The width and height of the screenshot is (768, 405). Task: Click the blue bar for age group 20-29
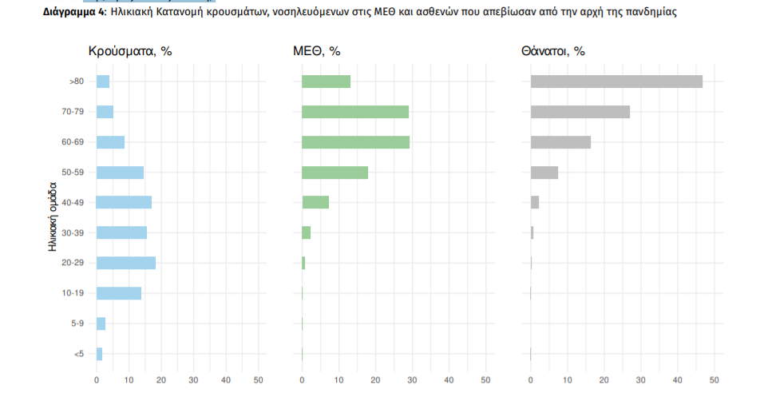click(126, 263)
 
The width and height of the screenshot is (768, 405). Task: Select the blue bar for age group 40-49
click(124, 202)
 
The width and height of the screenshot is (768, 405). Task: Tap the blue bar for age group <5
click(100, 354)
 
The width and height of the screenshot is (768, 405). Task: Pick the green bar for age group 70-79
click(355, 112)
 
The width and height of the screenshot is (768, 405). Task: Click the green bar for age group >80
click(326, 81)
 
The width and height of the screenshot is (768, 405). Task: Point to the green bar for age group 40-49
click(315, 202)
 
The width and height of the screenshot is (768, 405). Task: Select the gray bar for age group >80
click(616, 81)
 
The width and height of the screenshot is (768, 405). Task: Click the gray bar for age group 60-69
click(560, 142)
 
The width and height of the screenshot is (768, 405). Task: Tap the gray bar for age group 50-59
click(544, 173)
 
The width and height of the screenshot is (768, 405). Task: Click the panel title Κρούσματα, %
click(130, 52)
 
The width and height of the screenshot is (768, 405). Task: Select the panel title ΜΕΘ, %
click(317, 52)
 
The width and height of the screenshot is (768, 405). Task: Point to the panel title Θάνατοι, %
click(552, 52)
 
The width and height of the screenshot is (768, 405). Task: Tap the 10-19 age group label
click(73, 293)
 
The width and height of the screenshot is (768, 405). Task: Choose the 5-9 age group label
click(77, 324)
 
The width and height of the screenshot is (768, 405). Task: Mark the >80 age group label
click(76, 81)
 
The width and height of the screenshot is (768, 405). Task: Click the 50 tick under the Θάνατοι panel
click(715, 379)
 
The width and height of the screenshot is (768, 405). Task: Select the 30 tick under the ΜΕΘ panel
click(412, 379)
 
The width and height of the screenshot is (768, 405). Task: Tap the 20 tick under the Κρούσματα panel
click(161, 379)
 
